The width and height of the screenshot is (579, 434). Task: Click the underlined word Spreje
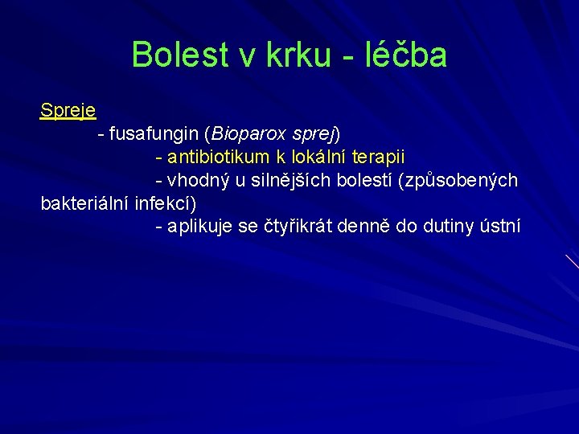[68, 110]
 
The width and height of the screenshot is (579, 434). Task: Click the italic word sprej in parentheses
[315, 133]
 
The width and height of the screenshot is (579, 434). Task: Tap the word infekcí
[165, 203]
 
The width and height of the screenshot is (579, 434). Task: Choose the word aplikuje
[200, 227]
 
